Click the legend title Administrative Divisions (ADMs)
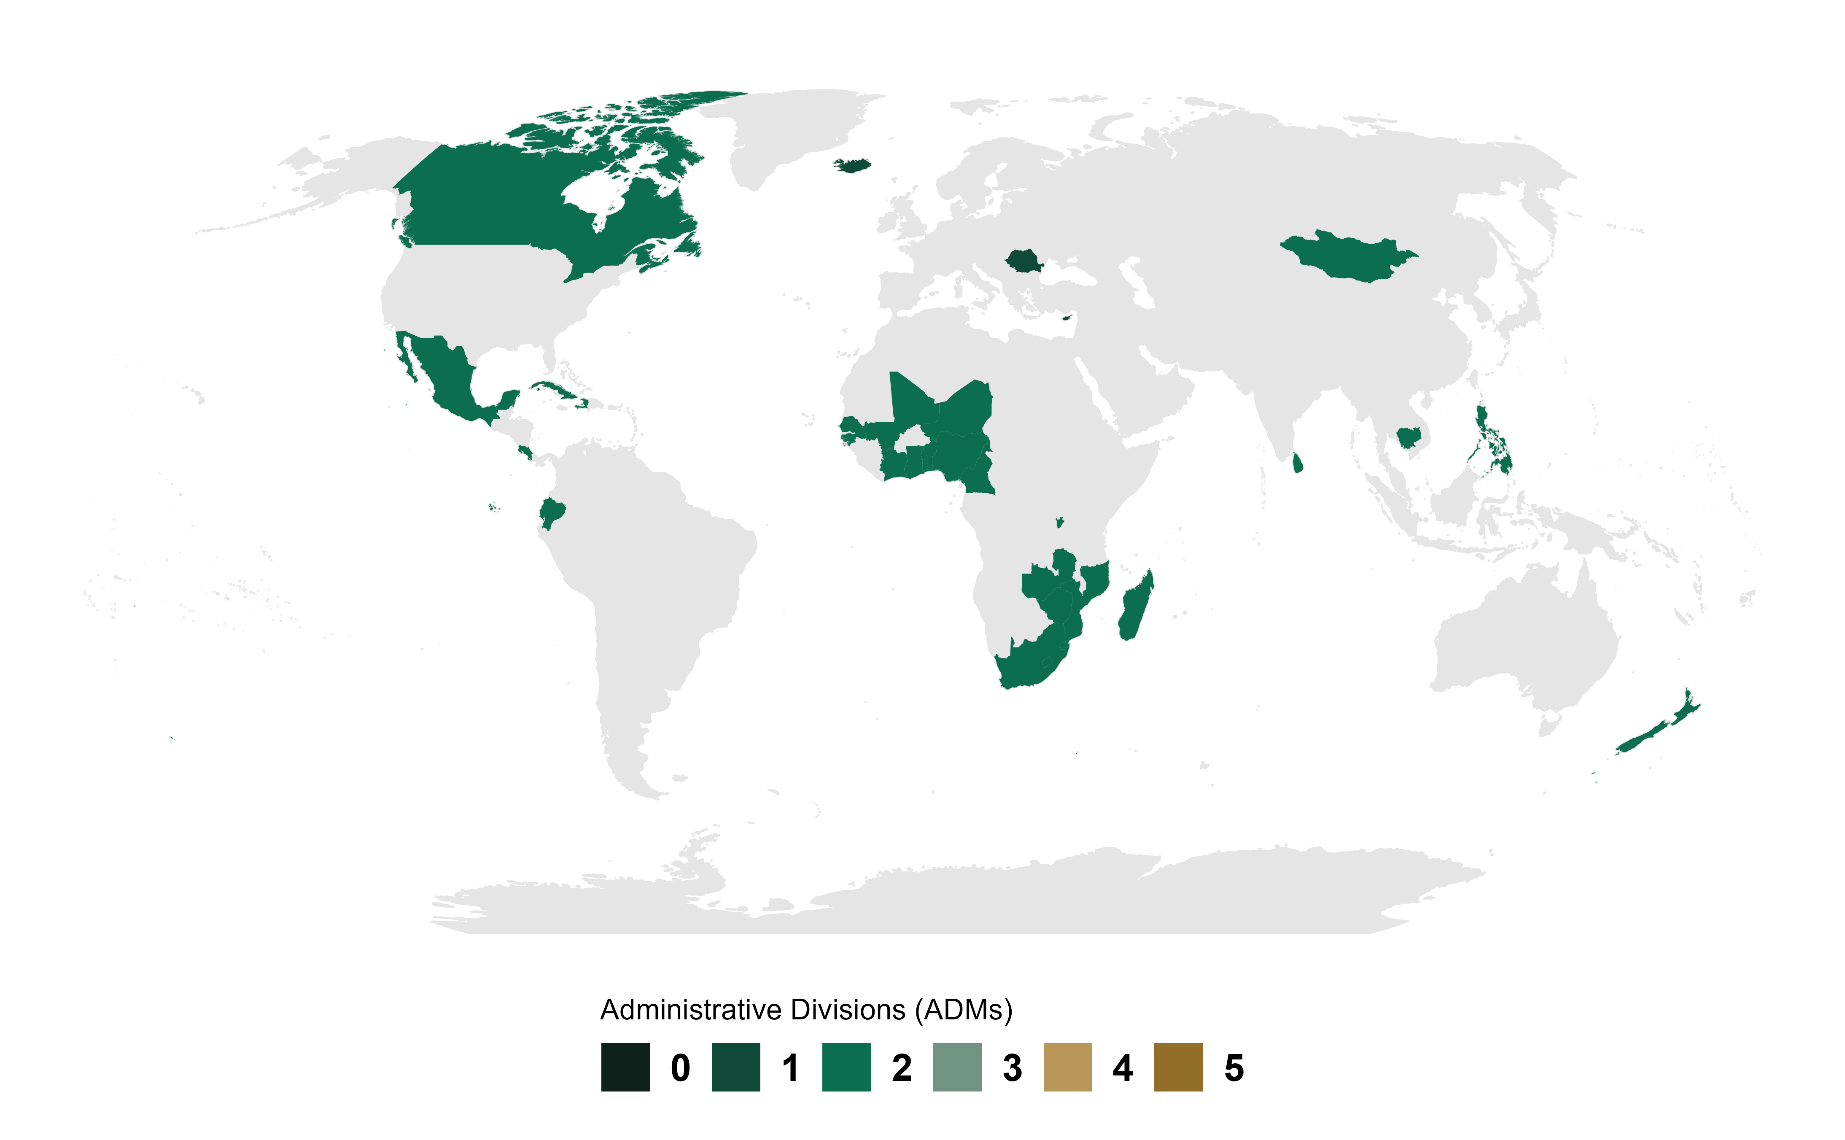pyautogui.click(x=805, y=1010)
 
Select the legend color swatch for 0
pyautogui.click(x=625, y=1067)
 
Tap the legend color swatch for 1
pyautogui.click(x=735, y=1067)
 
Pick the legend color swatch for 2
pyautogui.click(x=846, y=1067)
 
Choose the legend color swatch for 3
pyautogui.click(x=957, y=1067)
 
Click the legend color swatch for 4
pyautogui.click(x=1067, y=1067)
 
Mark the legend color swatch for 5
pyautogui.click(x=1178, y=1067)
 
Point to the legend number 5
pyautogui.click(x=1234, y=1067)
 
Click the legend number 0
pyautogui.click(x=680, y=1067)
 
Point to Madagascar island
pyautogui.click(x=1135, y=607)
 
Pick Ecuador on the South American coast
pyautogui.click(x=552, y=513)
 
